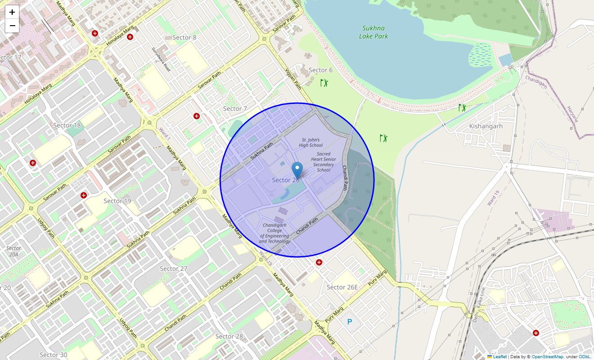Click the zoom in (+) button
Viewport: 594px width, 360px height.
coord(12,13)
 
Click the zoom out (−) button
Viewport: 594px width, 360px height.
coord(12,26)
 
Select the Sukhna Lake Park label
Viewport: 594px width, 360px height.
coord(373,32)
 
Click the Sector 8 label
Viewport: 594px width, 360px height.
coord(184,37)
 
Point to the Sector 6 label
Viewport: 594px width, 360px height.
coord(320,70)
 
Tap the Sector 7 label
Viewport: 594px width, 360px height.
coord(235,108)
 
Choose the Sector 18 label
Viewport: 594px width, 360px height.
coord(67,125)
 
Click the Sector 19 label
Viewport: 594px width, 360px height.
coord(117,201)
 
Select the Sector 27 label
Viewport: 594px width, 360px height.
coord(174,269)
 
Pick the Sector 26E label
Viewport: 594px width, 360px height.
coord(342,287)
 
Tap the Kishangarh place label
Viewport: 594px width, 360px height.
coord(486,126)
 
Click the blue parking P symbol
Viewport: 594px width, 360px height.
coord(349,322)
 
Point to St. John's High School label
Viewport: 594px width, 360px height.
coord(311,143)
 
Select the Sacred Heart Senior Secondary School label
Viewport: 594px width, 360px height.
coord(324,162)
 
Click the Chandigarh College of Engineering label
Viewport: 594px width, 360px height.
coord(274,233)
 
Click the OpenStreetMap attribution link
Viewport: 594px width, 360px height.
coord(547,357)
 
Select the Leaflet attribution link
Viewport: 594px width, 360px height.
coord(499,357)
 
